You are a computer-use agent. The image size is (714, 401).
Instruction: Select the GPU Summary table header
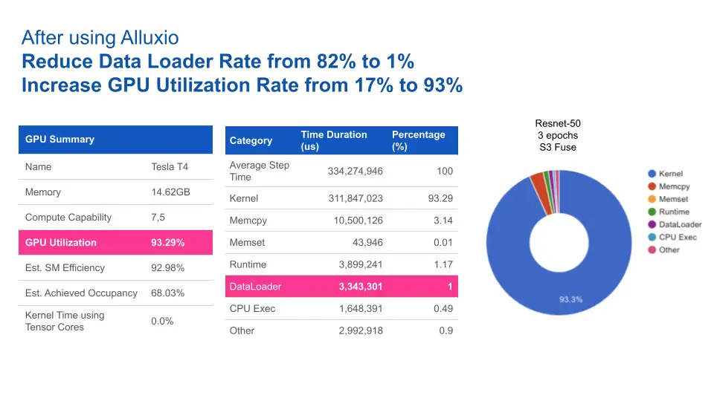pos(59,139)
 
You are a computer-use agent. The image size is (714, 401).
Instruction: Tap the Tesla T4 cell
pos(167,167)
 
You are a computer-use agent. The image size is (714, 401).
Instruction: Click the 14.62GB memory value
pos(170,192)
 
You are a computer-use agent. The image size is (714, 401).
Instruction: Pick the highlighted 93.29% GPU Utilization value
pos(168,243)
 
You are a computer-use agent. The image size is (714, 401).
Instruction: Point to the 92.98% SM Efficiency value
pos(168,268)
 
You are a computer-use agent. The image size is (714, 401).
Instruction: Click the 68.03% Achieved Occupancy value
pos(168,293)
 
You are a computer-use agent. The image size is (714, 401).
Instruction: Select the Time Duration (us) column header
pos(334,140)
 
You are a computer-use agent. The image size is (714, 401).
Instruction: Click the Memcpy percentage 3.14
pos(443,221)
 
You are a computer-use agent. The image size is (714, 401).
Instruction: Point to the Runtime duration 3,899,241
pos(361,264)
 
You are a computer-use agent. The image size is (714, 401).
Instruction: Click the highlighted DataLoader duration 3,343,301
pos(360,287)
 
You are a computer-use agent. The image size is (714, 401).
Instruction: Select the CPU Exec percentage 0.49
pos(443,309)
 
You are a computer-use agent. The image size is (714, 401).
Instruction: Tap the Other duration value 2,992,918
pos(361,330)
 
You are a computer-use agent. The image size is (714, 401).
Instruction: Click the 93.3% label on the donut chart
pos(570,300)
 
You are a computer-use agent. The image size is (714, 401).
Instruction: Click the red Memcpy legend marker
pos(652,186)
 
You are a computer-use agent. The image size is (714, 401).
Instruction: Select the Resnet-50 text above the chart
pos(557,123)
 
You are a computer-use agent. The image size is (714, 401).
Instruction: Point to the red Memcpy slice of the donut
pos(537,179)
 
